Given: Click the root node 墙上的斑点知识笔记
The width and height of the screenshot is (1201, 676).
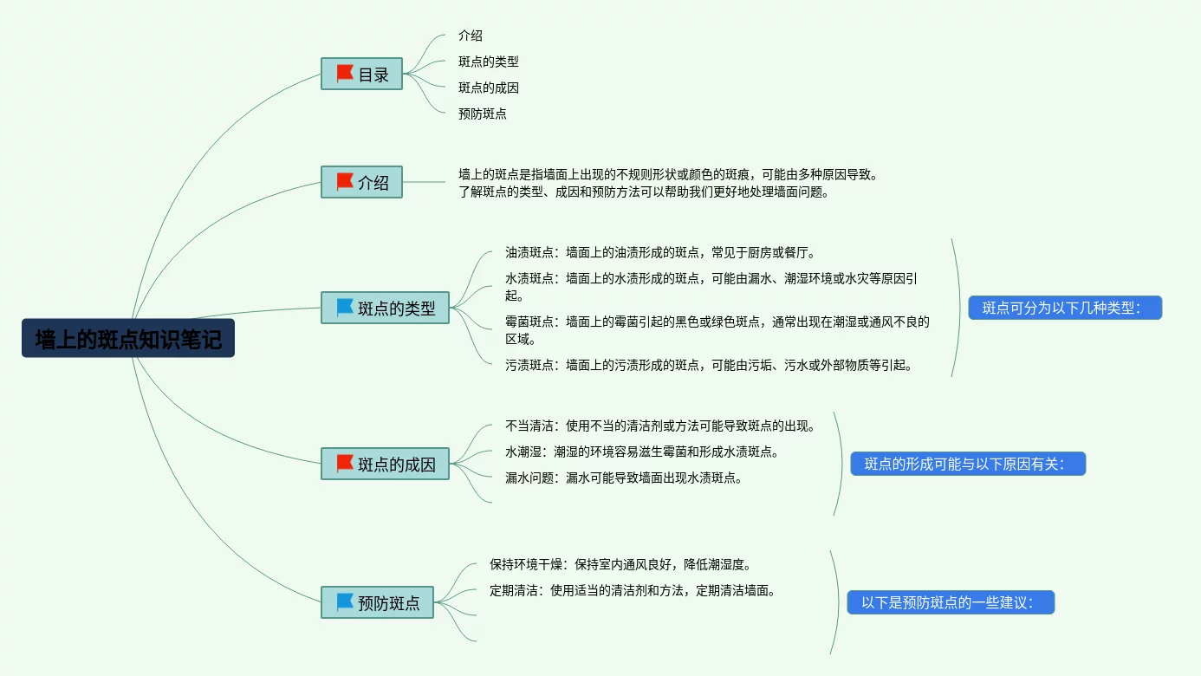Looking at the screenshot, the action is [128, 339].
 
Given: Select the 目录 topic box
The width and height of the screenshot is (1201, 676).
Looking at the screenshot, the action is [361, 74].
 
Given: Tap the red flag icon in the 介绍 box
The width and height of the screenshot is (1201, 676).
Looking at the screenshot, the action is [345, 182].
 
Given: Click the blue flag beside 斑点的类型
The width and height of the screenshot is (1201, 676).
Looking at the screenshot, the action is [345, 308].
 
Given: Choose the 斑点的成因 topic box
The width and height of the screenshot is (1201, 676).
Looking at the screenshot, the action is [385, 464].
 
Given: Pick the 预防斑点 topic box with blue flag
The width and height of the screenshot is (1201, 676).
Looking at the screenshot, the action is [377, 602].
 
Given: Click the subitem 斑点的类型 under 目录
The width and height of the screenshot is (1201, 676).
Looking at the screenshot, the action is [488, 62].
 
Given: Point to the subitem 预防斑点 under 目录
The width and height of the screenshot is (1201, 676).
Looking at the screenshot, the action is [482, 114].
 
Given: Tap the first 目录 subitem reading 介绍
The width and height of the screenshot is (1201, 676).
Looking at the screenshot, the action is [470, 36].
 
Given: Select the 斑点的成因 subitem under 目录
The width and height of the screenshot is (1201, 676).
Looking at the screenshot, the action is [488, 88].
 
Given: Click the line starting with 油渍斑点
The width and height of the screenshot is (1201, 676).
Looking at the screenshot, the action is [659, 252].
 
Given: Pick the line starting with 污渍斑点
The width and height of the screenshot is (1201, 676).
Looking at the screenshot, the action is [708, 365].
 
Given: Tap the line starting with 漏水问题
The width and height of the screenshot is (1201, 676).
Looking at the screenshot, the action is [624, 478].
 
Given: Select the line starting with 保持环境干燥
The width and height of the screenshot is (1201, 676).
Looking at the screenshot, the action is [620, 564].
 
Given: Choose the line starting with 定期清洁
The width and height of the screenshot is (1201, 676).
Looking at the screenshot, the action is [632, 590].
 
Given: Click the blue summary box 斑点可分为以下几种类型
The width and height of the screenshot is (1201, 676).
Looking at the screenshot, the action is [1064, 308].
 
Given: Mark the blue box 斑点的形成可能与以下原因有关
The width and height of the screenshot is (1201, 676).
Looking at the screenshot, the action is [967, 464].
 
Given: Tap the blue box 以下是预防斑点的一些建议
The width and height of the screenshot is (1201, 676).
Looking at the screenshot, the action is [950, 602].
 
